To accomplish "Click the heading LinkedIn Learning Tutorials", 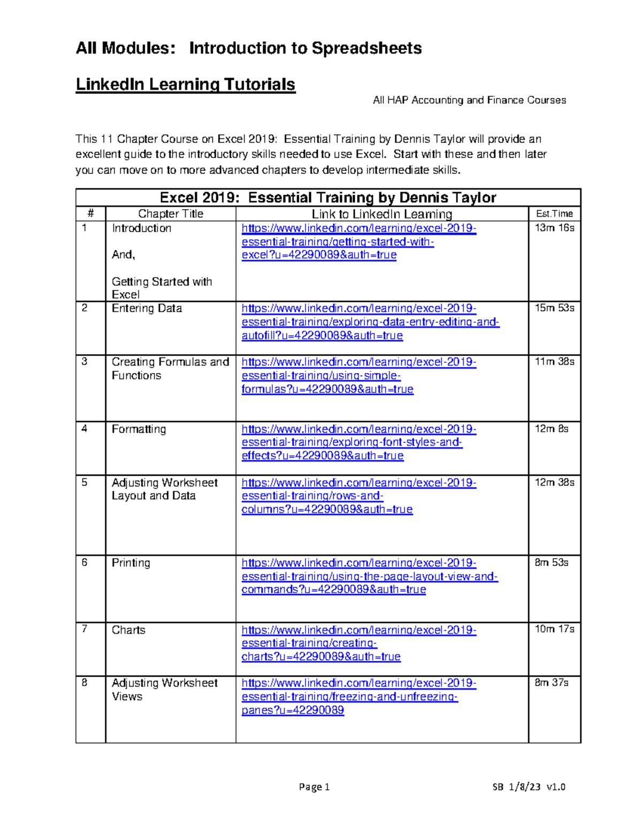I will (185, 85).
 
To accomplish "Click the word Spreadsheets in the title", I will (366, 48).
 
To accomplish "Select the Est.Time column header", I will (554, 214).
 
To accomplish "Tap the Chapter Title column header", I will (171, 214).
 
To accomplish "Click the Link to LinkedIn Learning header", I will (381, 214).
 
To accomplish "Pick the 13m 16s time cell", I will (554, 228).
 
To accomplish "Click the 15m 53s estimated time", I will (554, 309).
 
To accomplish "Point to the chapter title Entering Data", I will (147, 309).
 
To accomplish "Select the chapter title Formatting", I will (139, 429).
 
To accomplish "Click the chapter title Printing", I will (131, 563).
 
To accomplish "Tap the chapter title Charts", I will (128, 630).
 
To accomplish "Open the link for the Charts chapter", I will (358, 643).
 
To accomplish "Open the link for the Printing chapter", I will (369, 576).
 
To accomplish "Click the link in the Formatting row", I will (351, 443).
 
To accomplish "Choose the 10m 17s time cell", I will (554, 629).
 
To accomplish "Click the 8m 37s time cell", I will (551, 683).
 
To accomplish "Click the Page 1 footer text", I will (314, 787).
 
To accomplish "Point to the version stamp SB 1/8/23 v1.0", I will (529, 787).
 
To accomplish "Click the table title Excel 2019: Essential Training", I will (328, 197).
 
